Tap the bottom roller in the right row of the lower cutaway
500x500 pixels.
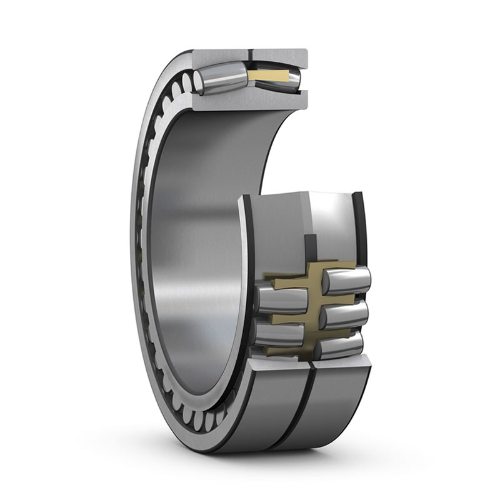tap(341, 346)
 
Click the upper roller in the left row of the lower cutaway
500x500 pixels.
tap(281, 300)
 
